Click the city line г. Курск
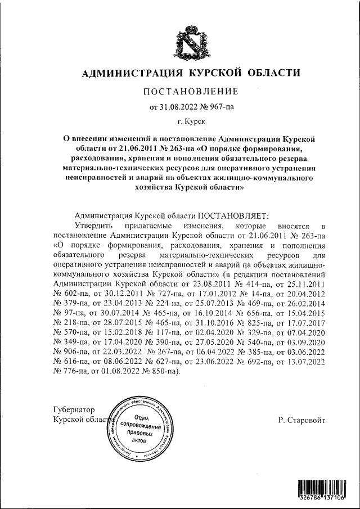tap(191, 121)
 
